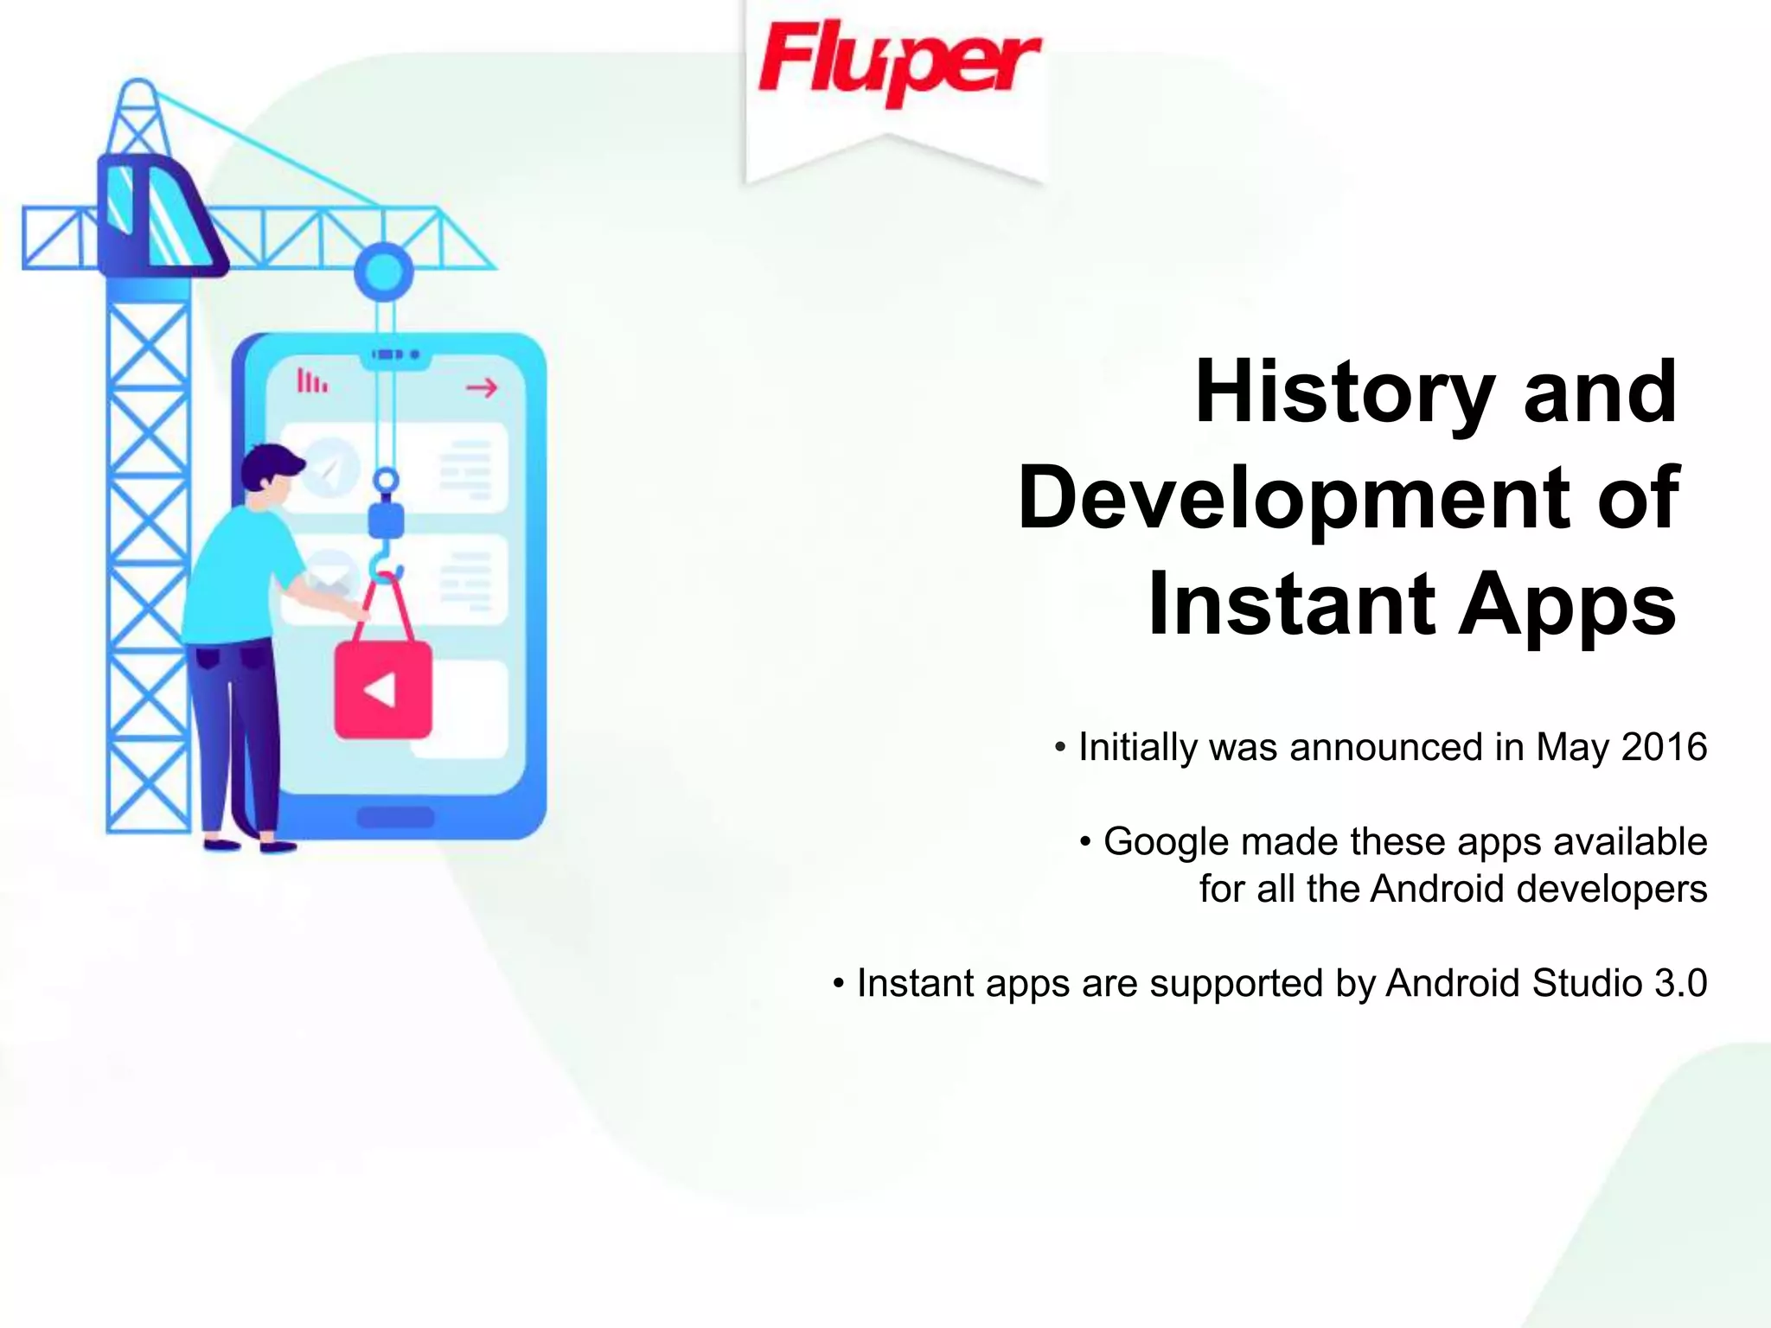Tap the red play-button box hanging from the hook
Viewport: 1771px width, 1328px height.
(383, 690)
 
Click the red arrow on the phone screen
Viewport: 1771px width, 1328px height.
(482, 387)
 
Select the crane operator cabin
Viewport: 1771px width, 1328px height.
(156, 216)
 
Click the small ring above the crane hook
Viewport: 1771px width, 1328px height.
(386, 481)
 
